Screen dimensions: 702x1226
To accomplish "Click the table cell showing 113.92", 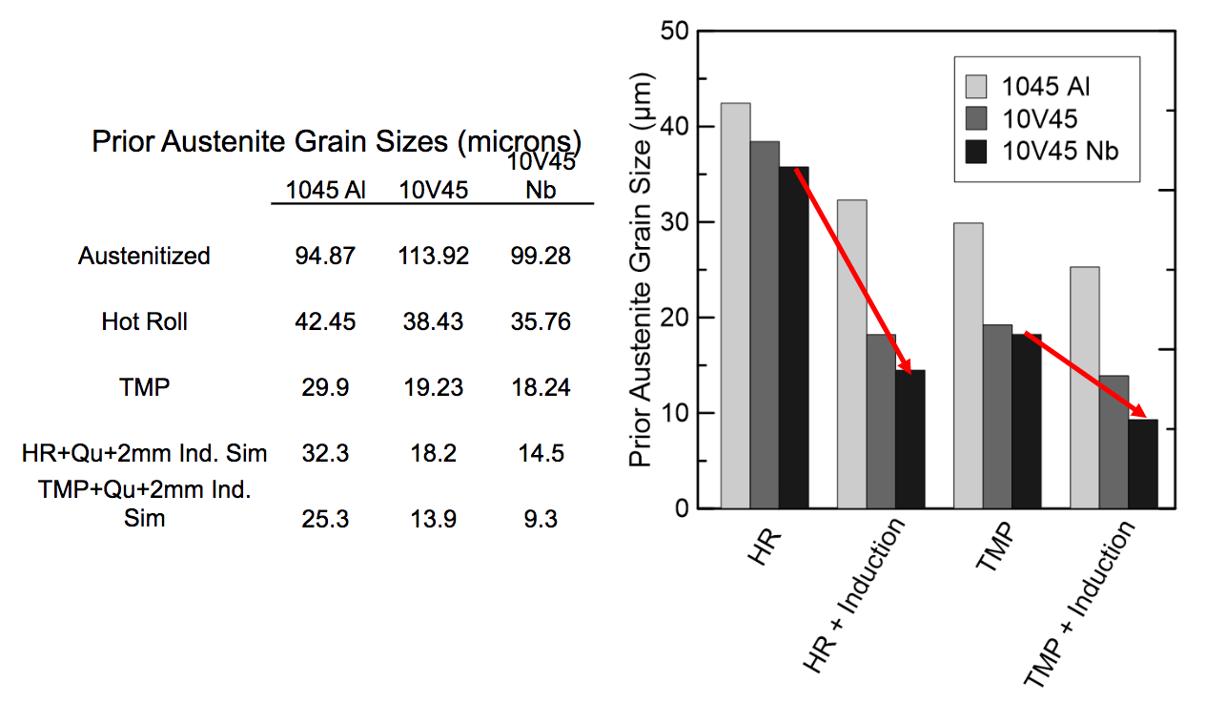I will [x=434, y=257].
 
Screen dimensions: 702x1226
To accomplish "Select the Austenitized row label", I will [x=144, y=257].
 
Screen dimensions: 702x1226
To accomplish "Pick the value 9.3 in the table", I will [x=541, y=520].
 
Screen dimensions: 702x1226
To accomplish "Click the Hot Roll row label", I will [x=144, y=322].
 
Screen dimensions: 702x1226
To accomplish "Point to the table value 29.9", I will [x=326, y=388].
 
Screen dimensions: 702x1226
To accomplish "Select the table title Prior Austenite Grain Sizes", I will [x=337, y=142].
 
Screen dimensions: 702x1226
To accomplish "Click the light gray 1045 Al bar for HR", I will [x=735, y=305].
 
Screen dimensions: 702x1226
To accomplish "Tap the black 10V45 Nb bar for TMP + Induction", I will [x=1143, y=464].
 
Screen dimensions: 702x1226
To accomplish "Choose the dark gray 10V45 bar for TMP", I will [x=997, y=416].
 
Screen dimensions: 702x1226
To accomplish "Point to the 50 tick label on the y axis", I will [x=676, y=31].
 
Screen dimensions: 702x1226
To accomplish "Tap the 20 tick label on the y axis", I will [x=676, y=318].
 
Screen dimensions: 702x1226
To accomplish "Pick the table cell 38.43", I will [x=434, y=322].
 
